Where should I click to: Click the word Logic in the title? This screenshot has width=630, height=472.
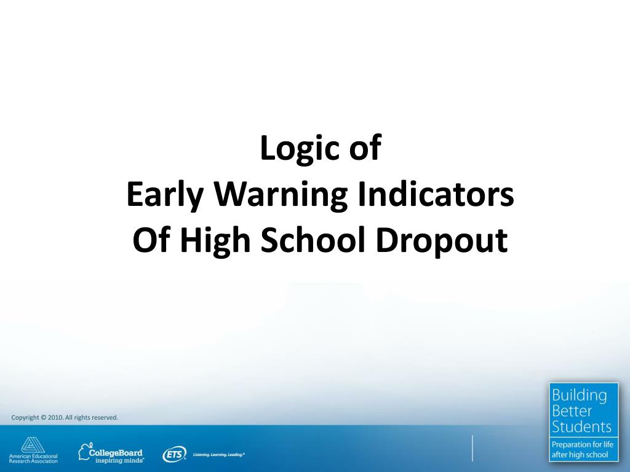(292, 150)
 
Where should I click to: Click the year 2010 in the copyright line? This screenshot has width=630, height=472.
(55, 418)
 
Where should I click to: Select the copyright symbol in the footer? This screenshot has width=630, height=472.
(43, 418)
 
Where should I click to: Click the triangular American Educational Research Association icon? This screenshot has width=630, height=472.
(30, 444)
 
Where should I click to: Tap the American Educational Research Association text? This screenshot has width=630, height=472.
(33, 458)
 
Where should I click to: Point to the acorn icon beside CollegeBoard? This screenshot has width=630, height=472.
(85, 451)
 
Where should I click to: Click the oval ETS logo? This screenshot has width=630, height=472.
(174, 455)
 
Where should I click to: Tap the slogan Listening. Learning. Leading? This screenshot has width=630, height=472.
(219, 455)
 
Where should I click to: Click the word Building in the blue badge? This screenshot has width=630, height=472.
(578, 395)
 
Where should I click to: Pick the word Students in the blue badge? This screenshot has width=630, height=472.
(581, 427)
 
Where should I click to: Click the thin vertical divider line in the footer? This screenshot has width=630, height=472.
(472, 447)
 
